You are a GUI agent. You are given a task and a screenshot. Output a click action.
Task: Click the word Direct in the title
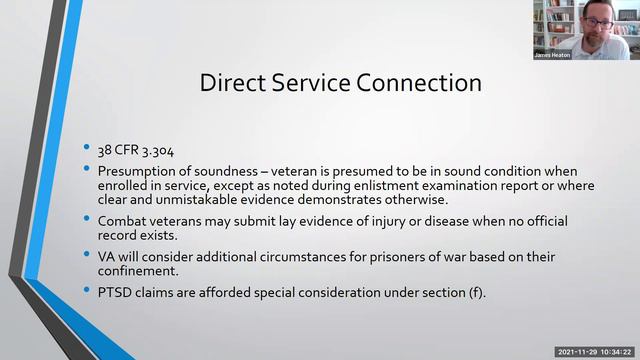click(x=232, y=82)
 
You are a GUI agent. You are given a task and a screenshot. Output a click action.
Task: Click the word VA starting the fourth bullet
click(x=108, y=257)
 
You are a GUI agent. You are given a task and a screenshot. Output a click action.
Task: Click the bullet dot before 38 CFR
click(x=88, y=148)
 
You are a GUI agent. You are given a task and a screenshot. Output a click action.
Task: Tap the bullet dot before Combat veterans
click(x=88, y=216)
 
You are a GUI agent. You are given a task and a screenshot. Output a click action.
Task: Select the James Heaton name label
click(x=551, y=54)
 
